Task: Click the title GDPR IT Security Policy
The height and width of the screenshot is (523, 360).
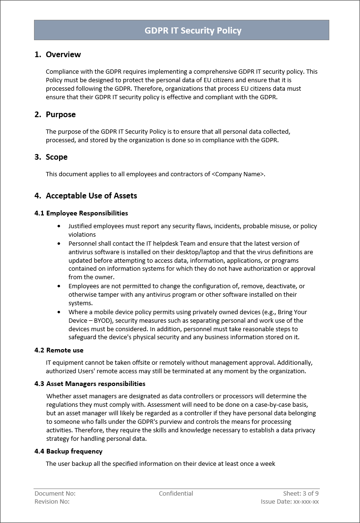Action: (193, 31)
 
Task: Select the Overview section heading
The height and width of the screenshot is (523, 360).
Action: (63, 55)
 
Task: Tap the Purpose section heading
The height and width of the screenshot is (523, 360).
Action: (60, 115)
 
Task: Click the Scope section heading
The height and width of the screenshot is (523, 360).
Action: (56, 157)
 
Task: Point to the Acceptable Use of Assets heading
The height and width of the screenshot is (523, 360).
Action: (91, 196)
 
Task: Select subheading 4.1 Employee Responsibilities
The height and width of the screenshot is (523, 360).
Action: (81, 213)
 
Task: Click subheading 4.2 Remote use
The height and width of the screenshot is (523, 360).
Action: (59, 350)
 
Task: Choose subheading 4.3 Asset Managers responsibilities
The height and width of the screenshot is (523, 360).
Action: (90, 384)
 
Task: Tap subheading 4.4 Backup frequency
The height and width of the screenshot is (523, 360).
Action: (69, 451)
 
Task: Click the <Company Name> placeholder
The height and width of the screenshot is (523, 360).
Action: (238, 174)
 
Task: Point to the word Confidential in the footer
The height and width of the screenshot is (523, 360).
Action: (176, 494)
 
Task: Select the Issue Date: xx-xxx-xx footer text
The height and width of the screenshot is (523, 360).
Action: (290, 502)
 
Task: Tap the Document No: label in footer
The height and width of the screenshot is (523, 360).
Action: (55, 494)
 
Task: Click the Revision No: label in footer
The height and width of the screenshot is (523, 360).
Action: (52, 502)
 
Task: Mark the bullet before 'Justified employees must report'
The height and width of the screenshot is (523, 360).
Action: (59, 227)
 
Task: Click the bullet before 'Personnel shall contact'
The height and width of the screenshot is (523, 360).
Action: (59, 244)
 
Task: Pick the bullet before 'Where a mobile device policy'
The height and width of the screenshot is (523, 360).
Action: (59, 312)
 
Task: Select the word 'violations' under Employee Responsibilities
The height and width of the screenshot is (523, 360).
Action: (82, 235)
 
